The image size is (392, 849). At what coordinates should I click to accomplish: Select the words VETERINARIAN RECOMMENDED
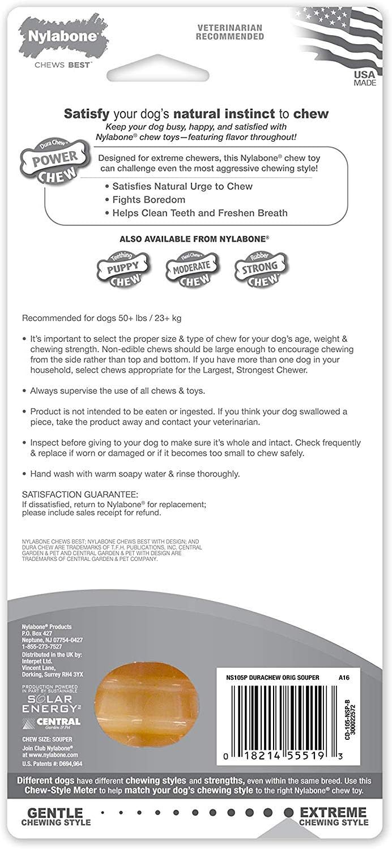coord(230,32)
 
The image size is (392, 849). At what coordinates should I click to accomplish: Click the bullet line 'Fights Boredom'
coord(149,200)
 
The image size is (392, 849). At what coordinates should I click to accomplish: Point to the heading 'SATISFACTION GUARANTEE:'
coord(79,494)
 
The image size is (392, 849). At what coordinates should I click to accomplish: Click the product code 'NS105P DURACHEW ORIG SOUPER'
coord(272,678)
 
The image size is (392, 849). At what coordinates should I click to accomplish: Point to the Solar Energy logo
coord(50,704)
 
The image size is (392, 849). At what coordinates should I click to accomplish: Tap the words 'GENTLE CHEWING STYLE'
coord(56,816)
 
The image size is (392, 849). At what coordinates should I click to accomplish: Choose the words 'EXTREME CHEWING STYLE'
coord(333,816)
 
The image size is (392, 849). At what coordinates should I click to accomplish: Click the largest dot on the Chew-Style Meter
coord(288,812)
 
